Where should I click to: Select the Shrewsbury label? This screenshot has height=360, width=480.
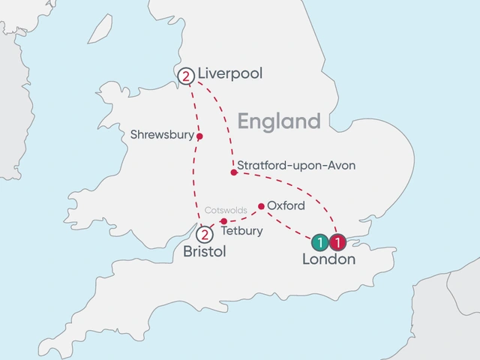click(161, 136)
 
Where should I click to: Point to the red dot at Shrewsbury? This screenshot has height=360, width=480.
click(199, 136)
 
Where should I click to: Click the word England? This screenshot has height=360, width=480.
click(279, 121)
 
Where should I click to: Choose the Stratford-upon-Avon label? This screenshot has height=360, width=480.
click(295, 165)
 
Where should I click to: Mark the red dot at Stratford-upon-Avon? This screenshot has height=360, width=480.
click(233, 172)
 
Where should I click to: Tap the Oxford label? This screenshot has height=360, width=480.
click(286, 205)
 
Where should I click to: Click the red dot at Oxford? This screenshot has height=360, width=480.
click(260, 205)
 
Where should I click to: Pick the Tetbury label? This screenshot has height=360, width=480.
click(242, 231)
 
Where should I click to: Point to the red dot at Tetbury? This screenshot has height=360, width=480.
click(223, 221)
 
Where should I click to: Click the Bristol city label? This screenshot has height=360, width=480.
click(204, 253)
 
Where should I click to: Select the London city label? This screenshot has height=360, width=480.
click(328, 260)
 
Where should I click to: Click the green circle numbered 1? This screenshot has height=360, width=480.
click(319, 241)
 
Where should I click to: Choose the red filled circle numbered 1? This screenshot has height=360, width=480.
click(337, 241)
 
